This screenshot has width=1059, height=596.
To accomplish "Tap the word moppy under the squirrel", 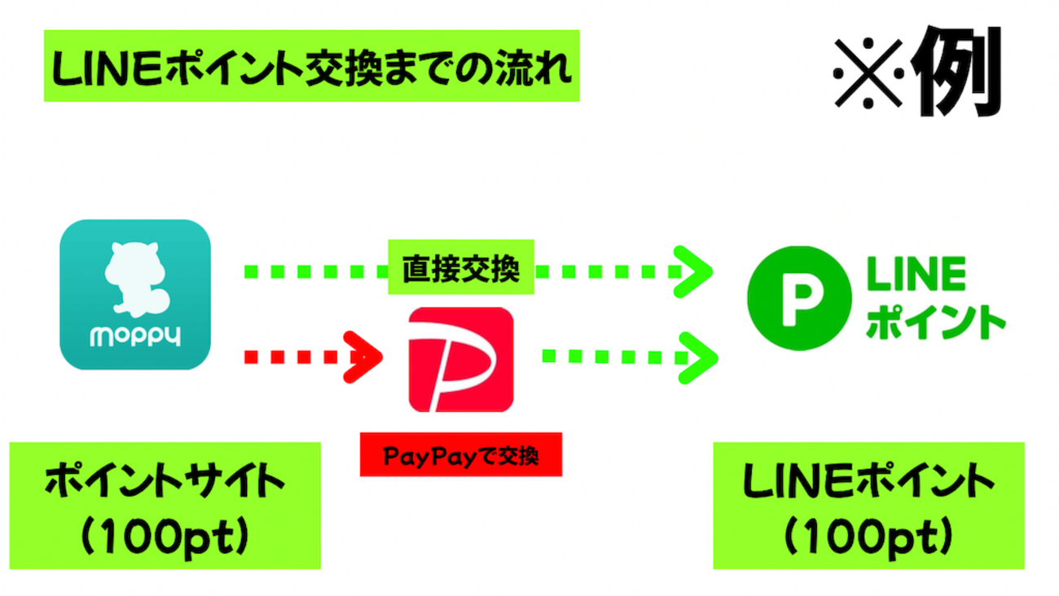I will [135, 335].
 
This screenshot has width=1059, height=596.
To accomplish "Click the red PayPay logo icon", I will [461, 359].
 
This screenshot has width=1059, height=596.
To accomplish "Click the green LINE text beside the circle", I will [916, 276].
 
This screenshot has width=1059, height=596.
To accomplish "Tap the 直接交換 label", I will [460, 267].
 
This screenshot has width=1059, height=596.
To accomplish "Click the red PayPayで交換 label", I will [461, 455].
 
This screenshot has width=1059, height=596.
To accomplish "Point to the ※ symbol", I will [868, 74].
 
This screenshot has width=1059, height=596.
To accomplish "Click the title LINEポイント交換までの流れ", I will [311, 68].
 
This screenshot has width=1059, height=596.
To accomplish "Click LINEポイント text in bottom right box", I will [868, 483].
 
